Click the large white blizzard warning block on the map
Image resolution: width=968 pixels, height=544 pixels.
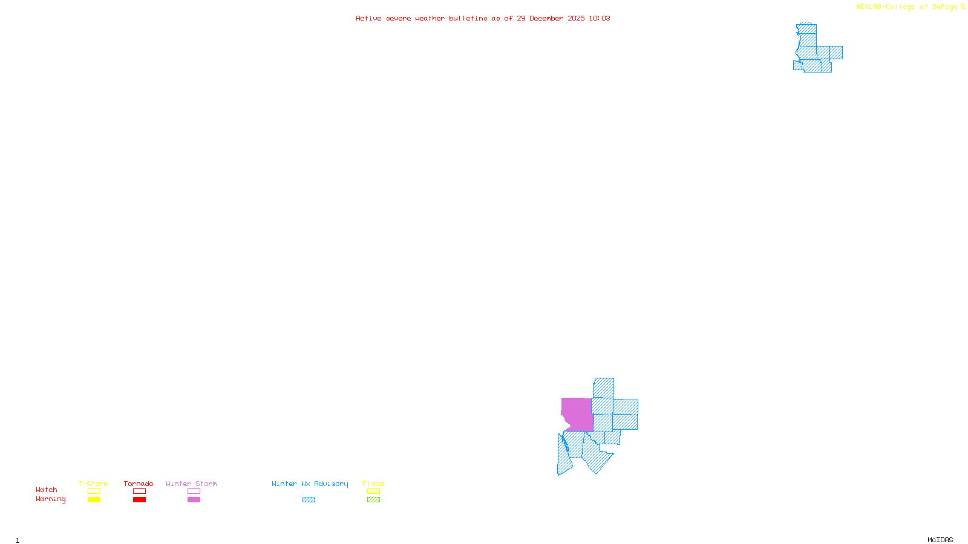pos(829,34)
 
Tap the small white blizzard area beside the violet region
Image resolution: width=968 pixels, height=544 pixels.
pos(564,426)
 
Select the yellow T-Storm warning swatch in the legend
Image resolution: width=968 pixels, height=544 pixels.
pos(94,500)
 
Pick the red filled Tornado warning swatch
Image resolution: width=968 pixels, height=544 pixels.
pos(139,500)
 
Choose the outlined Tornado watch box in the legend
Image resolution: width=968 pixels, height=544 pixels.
pos(139,491)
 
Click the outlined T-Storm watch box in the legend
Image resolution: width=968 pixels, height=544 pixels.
pos(94,491)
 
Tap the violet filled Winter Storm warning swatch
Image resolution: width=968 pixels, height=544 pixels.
pos(194,500)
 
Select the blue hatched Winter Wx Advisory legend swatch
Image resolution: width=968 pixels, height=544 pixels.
pos(309,500)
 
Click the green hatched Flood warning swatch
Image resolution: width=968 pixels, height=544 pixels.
pos(373,500)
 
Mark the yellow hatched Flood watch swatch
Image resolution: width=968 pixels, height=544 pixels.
pos(373,491)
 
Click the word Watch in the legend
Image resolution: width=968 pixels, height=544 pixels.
pos(47,490)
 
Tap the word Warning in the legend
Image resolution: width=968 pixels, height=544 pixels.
pos(51,499)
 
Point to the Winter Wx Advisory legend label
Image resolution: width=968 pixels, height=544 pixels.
pos(310,484)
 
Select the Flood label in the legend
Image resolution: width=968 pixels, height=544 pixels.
pos(373,484)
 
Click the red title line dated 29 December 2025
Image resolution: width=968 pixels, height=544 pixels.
pos(483,18)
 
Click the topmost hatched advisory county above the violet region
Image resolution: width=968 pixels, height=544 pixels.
pos(604,387)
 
